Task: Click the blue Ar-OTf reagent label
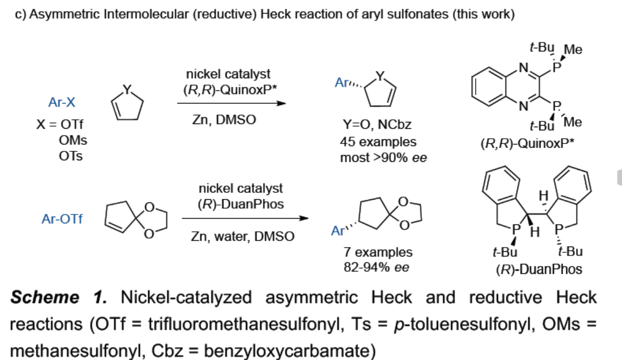(x=62, y=219)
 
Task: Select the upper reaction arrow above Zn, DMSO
(x=231, y=104)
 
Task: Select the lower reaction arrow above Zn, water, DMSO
(x=244, y=218)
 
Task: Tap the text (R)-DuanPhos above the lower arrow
(x=240, y=204)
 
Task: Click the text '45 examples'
(x=378, y=142)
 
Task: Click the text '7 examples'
(x=378, y=252)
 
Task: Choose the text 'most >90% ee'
(x=383, y=157)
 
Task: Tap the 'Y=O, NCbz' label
(x=377, y=126)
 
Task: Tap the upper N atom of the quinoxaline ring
(x=523, y=67)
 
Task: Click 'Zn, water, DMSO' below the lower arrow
(x=242, y=236)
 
